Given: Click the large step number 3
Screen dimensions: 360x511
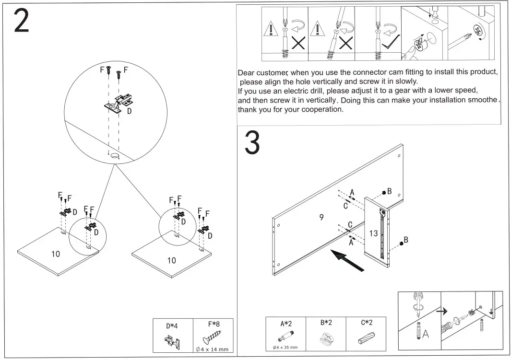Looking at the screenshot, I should click(252, 143).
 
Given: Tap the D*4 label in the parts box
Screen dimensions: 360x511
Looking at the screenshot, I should click(172, 326).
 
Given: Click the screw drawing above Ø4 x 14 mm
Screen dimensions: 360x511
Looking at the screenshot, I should click(211, 338).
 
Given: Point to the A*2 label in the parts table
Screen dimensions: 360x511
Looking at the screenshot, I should click(286, 324).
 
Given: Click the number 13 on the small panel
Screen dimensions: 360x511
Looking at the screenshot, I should click(374, 233).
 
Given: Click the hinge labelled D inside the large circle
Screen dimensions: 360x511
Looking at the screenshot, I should click(119, 104).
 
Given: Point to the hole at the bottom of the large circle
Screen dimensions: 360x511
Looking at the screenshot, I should click(114, 156).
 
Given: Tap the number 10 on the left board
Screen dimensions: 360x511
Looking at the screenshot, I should click(56, 254).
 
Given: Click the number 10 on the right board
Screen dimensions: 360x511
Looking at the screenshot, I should click(171, 260).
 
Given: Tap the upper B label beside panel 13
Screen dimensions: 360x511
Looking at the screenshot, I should click(390, 191).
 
